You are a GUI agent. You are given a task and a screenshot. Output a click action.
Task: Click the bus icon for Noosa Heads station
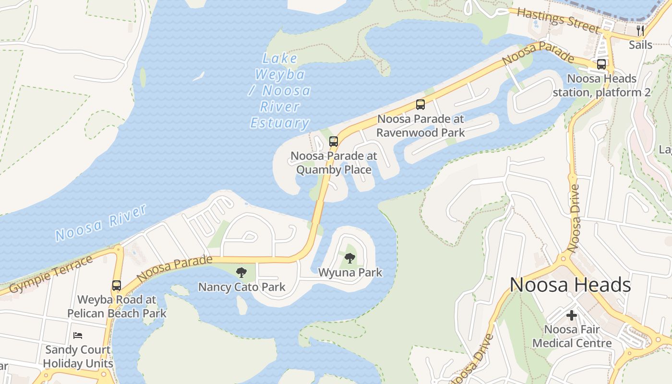click(601, 64)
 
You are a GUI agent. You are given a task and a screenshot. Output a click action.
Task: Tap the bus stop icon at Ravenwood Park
click(420, 104)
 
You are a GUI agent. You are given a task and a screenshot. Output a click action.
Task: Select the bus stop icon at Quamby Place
click(334, 141)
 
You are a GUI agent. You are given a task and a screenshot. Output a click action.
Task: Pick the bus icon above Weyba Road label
click(117, 286)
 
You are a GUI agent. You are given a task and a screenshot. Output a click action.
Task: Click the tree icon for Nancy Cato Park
click(241, 273)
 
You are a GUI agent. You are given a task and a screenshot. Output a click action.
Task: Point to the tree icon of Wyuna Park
click(350, 258)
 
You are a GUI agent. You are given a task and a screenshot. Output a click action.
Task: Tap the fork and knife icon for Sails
click(640, 31)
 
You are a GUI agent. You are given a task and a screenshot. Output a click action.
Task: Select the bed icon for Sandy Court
click(78, 335)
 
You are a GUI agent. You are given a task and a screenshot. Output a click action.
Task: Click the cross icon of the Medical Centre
click(571, 315)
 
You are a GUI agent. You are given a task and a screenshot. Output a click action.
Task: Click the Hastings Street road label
click(558, 20)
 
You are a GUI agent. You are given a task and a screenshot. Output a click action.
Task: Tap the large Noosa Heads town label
click(570, 285)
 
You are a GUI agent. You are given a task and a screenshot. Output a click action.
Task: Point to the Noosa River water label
click(101, 223)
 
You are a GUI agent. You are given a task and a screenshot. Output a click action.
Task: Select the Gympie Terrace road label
click(51, 275)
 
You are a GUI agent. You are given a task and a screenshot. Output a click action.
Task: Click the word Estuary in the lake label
click(280, 123)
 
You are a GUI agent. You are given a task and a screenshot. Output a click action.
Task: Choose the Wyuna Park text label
click(350, 273)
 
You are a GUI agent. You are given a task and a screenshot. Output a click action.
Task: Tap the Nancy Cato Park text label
click(242, 287)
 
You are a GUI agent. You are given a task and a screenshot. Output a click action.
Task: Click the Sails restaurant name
click(641, 45)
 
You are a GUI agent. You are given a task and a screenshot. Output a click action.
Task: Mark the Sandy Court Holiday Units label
click(78, 356)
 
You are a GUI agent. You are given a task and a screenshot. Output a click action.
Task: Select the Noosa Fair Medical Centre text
click(572, 336)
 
